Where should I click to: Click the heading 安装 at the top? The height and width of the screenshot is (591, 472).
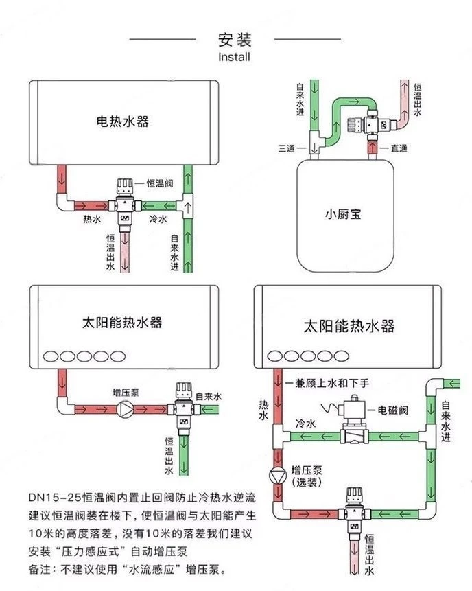[x=235, y=38]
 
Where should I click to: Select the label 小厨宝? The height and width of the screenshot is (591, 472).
[x=343, y=213]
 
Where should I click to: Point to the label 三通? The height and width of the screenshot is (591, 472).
[x=287, y=148]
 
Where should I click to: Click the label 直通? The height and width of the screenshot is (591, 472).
[x=399, y=148]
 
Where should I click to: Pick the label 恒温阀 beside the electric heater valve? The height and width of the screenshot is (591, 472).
[x=158, y=184]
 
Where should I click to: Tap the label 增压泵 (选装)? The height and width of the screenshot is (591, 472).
[x=307, y=476]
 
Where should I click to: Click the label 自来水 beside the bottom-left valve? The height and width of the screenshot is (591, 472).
[x=209, y=396]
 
